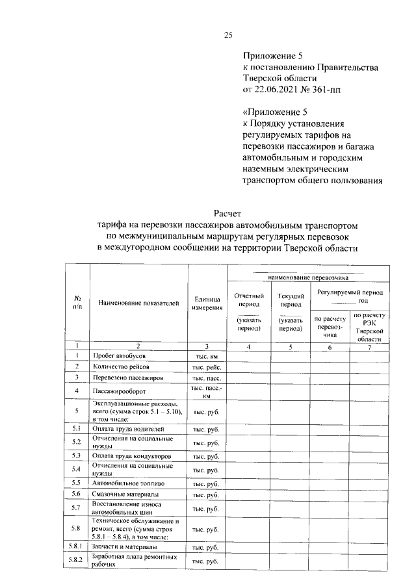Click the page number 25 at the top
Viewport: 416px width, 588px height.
[227, 35]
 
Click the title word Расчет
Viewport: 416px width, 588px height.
[227, 213]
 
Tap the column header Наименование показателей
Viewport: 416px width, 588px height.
[138, 303]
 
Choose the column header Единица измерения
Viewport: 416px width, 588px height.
[207, 303]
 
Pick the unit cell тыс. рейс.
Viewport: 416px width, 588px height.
[207, 366]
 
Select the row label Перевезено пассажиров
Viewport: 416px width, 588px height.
[127, 377]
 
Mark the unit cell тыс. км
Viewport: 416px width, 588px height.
[207, 356]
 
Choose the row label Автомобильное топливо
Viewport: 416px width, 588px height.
[129, 483]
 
